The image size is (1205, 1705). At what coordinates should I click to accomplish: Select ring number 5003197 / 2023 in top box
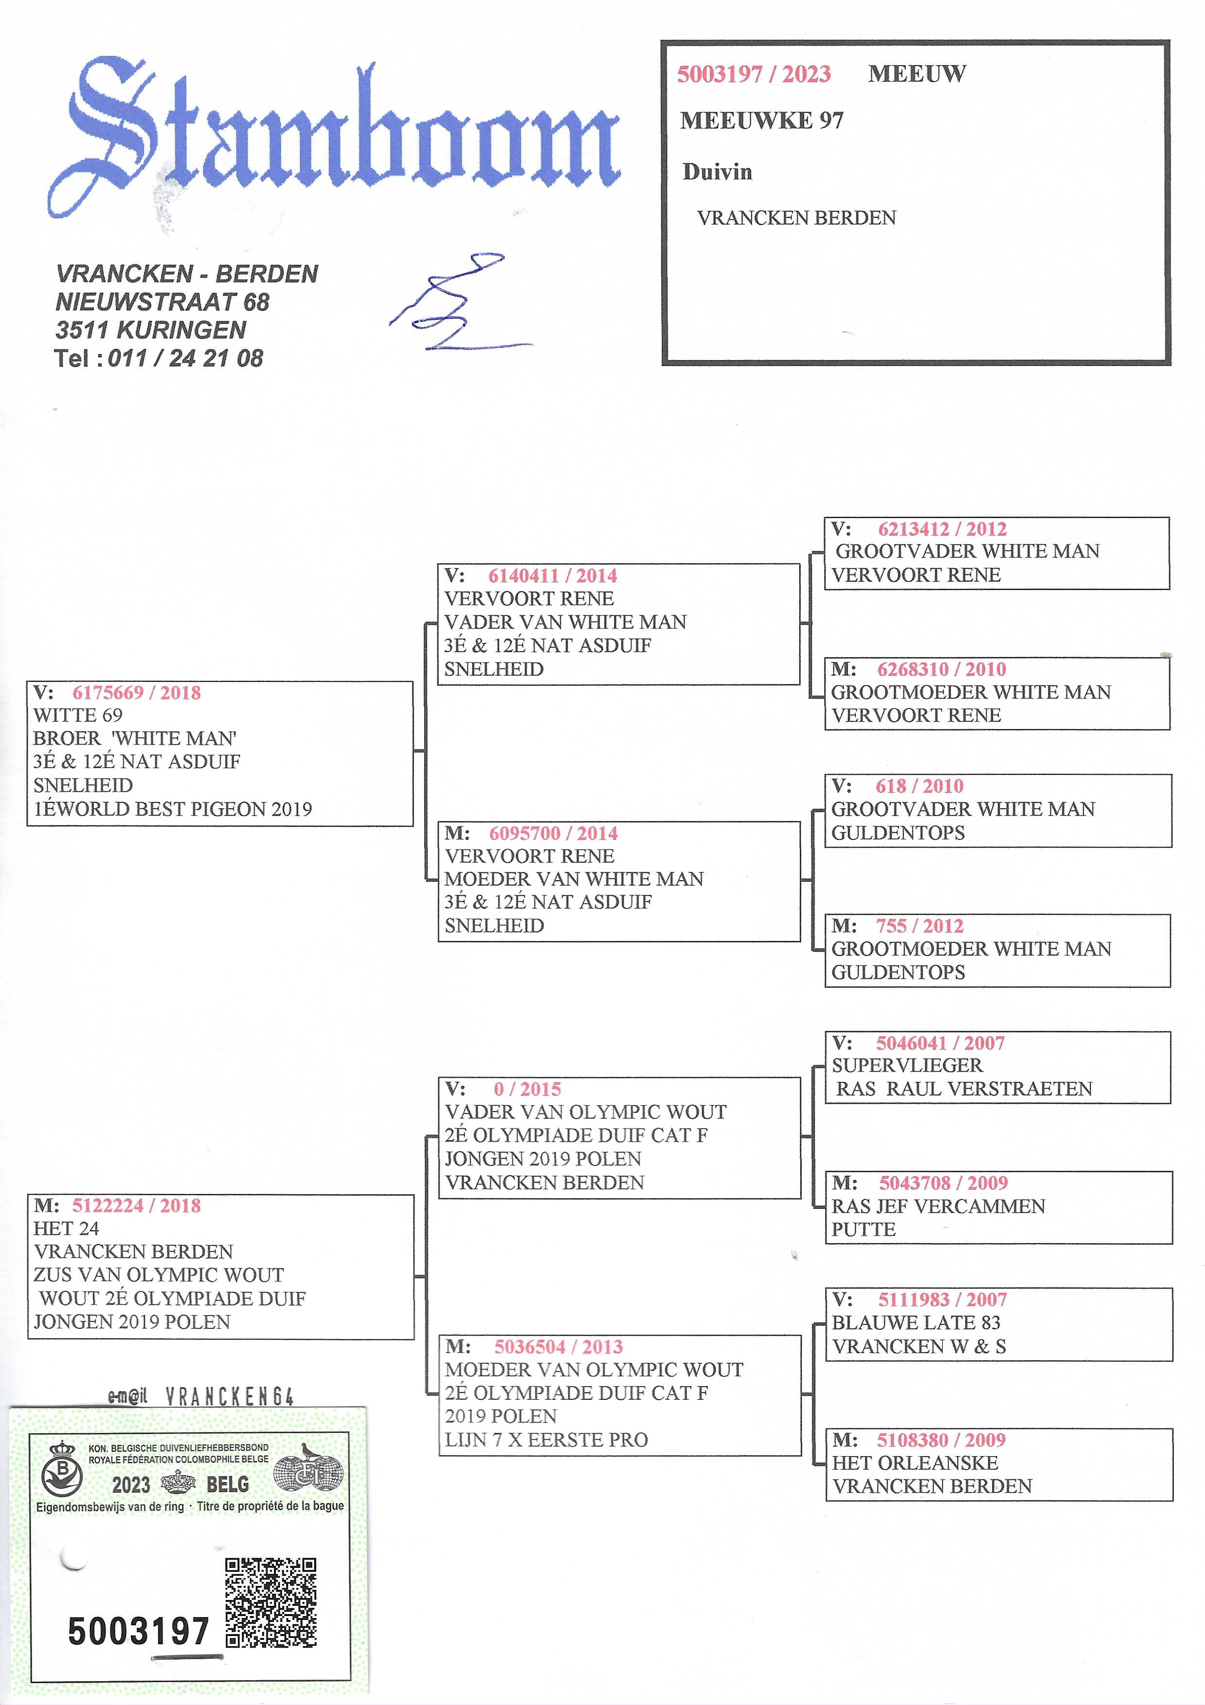(x=754, y=74)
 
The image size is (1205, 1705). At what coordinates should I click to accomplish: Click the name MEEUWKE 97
(x=762, y=121)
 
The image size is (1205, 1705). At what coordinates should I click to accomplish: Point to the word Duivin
(x=717, y=172)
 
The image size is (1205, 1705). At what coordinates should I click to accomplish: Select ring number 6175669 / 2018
(x=137, y=693)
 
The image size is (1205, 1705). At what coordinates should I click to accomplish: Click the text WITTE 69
(x=78, y=715)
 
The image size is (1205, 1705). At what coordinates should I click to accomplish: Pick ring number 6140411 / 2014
(x=552, y=575)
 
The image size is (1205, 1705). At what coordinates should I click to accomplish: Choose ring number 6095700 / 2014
(x=553, y=833)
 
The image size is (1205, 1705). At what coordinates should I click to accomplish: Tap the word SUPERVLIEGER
(x=907, y=1065)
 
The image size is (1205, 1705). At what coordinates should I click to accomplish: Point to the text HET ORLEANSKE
(x=915, y=1463)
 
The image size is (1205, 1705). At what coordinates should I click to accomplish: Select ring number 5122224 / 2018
(x=137, y=1205)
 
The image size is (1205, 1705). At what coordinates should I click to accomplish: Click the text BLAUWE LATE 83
(x=916, y=1322)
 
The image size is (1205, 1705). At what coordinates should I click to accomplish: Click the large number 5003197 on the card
(x=138, y=1632)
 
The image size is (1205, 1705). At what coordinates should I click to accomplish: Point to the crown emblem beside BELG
(x=178, y=1483)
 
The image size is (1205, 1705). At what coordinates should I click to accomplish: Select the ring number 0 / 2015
(x=527, y=1089)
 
